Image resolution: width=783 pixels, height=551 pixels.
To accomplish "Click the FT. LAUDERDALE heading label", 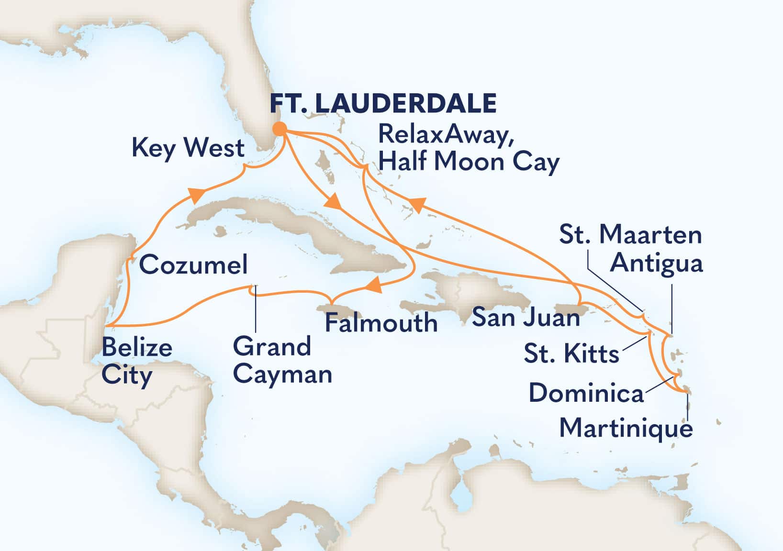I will (x=383, y=103).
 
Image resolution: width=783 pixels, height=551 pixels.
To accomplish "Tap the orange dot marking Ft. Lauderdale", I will (x=280, y=129).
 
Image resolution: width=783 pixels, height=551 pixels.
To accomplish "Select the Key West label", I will (x=188, y=148).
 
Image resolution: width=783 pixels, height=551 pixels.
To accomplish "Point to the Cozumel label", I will (x=193, y=264).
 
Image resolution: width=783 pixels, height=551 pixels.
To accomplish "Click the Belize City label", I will (x=136, y=361).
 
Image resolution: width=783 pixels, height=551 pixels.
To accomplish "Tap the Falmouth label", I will (x=381, y=323).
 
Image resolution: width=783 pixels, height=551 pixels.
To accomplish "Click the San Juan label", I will (x=526, y=317).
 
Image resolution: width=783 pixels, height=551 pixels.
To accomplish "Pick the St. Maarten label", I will (x=630, y=235).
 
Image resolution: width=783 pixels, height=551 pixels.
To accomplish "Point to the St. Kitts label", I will (x=571, y=354).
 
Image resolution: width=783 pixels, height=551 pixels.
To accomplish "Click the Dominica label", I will (x=586, y=393).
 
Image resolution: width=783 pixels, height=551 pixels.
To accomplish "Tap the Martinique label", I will (x=626, y=427).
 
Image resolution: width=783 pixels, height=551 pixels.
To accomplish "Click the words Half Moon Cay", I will (x=469, y=162).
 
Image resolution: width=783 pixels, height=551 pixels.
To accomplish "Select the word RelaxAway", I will (x=443, y=135).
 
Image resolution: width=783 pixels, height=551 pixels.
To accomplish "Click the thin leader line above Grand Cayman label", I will (x=255, y=309).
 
